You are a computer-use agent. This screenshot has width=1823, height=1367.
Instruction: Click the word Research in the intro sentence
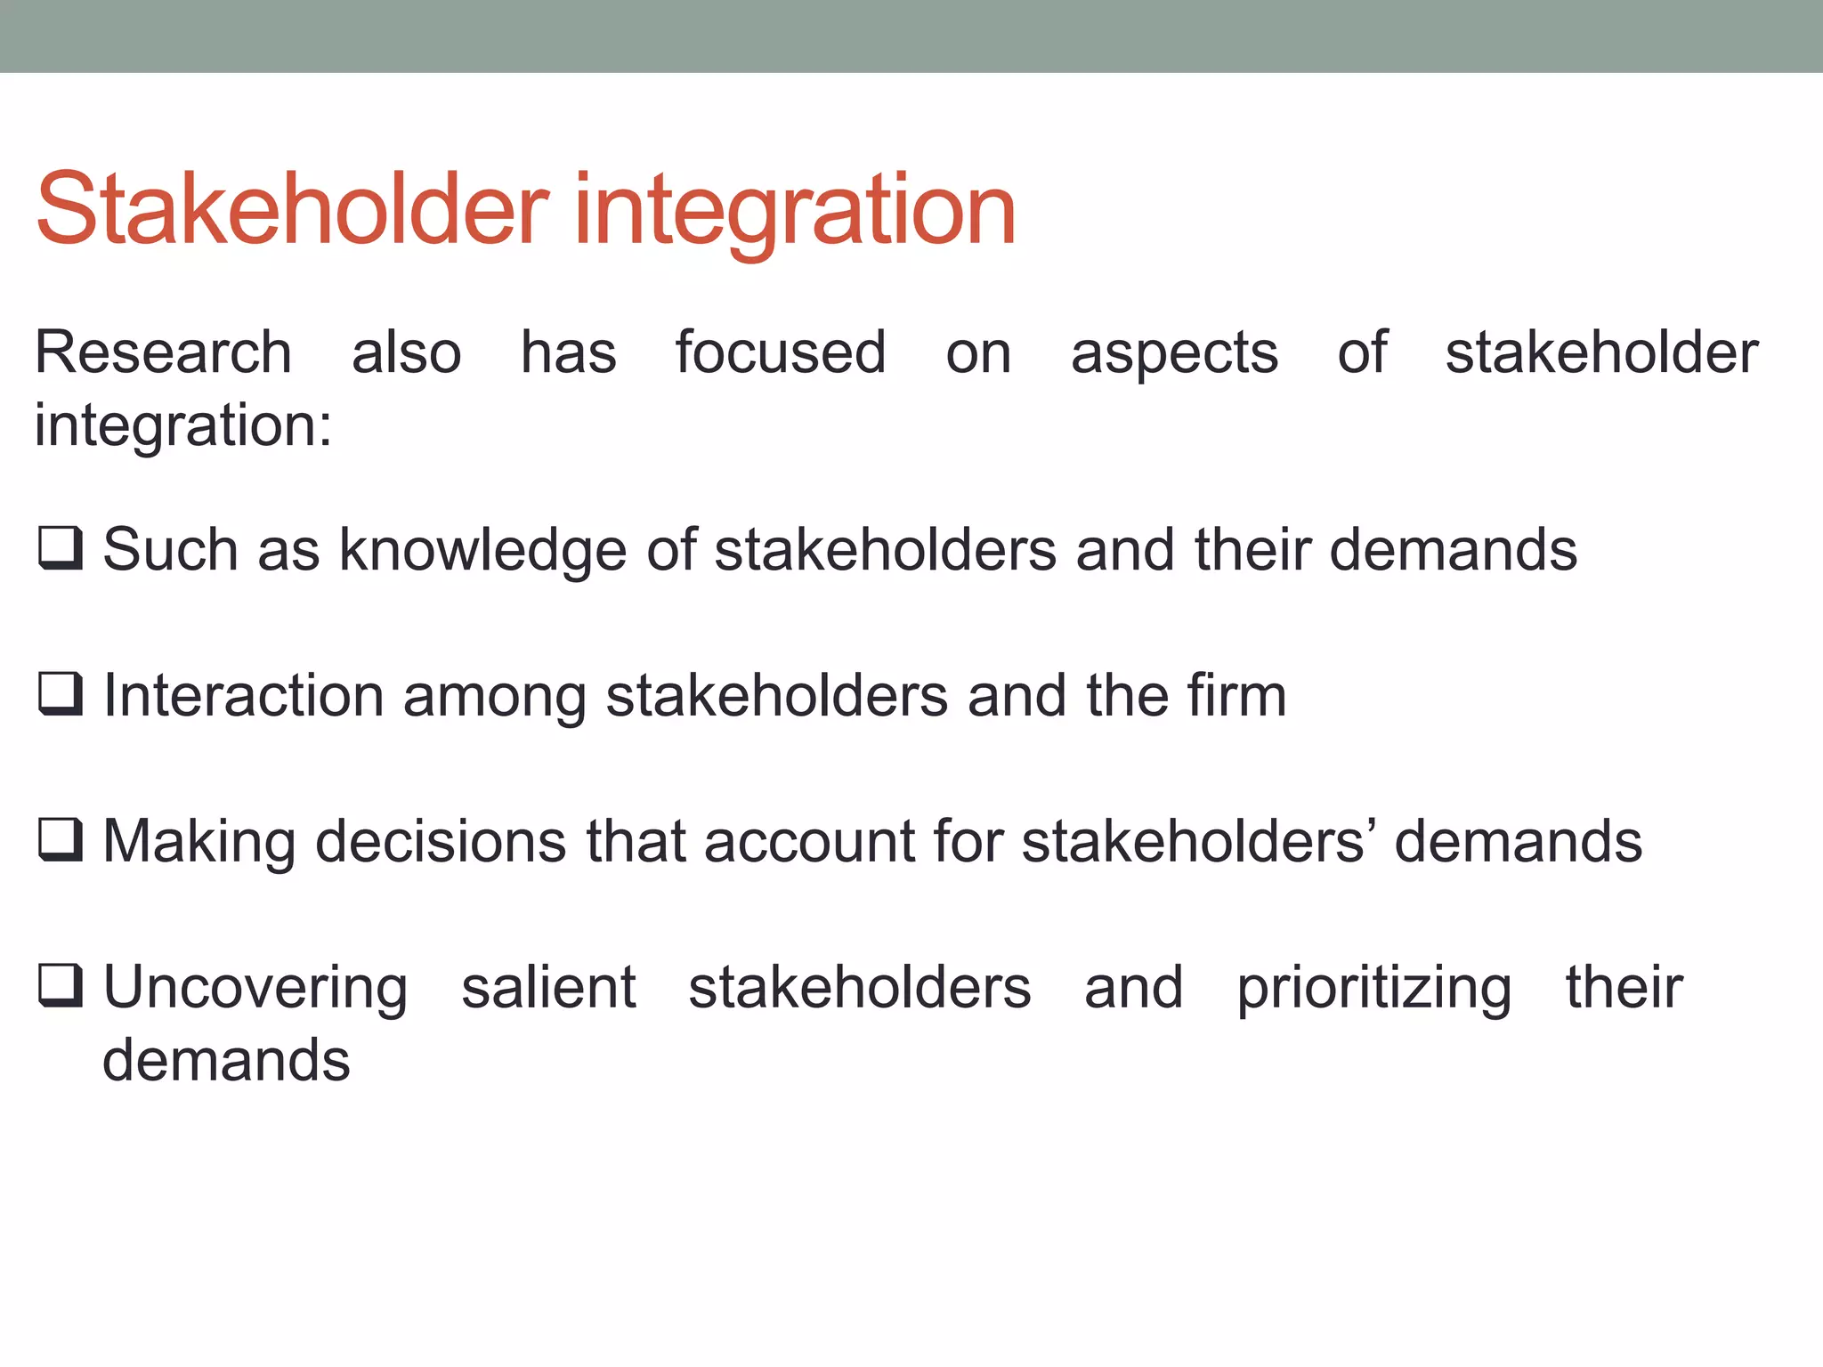pyautogui.click(x=163, y=352)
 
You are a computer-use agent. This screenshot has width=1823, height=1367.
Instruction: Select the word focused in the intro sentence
pyautogui.click(x=781, y=352)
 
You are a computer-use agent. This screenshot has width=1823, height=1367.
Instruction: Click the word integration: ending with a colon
pyautogui.click(x=183, y=425)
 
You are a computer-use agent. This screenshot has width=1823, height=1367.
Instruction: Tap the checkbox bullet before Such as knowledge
pyautogui.click(x=61, y=548)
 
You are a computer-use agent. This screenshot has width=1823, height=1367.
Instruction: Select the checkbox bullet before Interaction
pyautogui.click(x=61, y=694)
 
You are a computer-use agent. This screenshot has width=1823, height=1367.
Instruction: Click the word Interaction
pyautogui.click(x=243, y=695)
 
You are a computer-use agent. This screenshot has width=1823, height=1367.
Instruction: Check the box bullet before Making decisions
pyautogui.click(x=61, y=840)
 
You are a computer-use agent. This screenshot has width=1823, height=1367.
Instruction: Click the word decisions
pyautogui.click(x=440, y=841)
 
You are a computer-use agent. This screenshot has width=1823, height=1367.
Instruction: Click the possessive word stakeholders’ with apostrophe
pyautogui.click(x=1198, y=841)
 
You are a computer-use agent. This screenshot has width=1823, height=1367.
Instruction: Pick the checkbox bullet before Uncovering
pyautogui.click(x=61, y=986)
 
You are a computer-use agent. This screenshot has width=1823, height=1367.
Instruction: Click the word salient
pyautogui.click(x=548, y=987)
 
